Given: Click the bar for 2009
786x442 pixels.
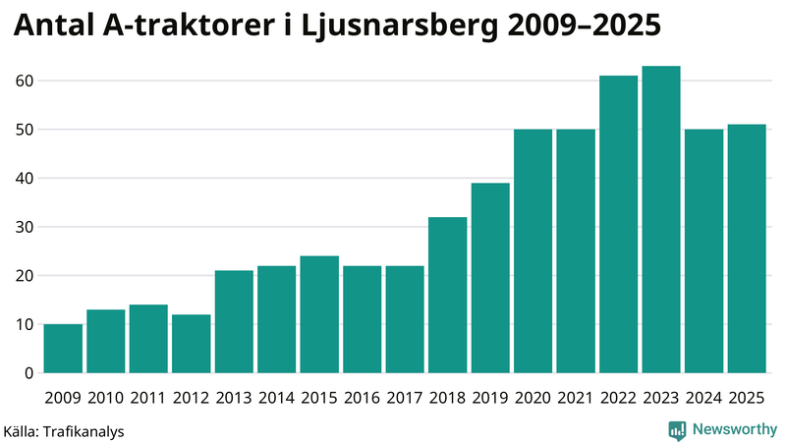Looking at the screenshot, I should pyautogui.click(x=63, y=349).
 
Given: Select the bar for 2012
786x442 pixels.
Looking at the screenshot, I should pyautogui.click(x=192, y=344).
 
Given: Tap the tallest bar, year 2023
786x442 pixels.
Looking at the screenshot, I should pyautogui.click(x=661, y=220).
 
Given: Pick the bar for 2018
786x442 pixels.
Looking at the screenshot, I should pyautogui.click(x=447, y=295).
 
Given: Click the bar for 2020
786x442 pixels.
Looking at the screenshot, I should pyautogui.click(x=533, y=251).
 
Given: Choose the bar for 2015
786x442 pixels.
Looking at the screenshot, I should pyautogui.click(x=319, y=314).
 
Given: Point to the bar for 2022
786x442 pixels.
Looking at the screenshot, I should pyautogui.click(x=618, y=225).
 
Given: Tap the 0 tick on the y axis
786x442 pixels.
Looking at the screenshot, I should pyautogui.click(x=28, y=373).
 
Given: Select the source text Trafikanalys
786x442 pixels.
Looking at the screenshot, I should pyautogui.click(x=84, y=430).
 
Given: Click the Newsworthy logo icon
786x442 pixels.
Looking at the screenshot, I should pyautogui.click(x=677, y=429).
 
